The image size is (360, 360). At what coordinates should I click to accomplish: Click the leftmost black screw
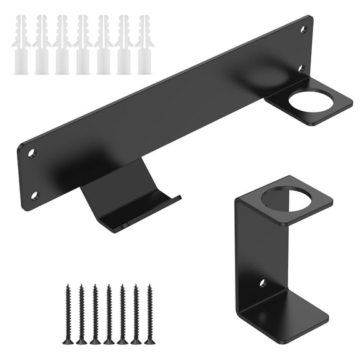coord(67,314)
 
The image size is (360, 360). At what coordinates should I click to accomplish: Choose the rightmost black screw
coord(150,314)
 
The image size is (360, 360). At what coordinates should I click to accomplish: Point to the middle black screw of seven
coord(109,314)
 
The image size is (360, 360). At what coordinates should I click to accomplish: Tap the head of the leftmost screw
coord(67,341)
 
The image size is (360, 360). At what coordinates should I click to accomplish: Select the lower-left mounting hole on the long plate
coord(35,196)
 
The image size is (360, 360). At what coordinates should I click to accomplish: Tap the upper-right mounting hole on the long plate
coord(304,29)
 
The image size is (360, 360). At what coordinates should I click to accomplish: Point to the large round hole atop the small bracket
coord(288,198)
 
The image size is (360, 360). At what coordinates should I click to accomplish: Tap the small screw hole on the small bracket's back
coord(263,283)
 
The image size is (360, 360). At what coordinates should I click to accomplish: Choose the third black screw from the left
coord(95,314)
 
